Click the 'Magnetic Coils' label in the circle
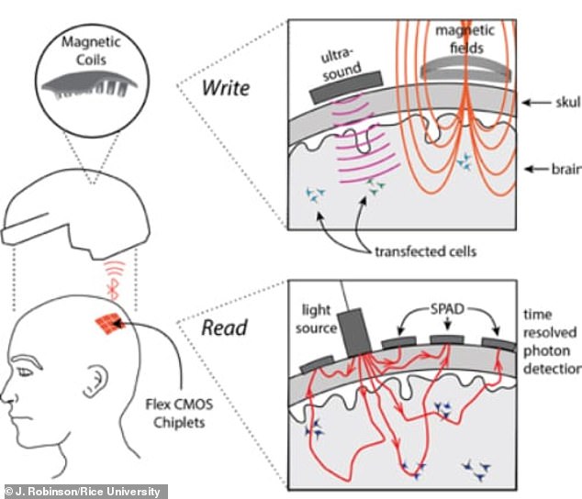[x=91, y=50]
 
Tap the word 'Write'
[x=226, y=88]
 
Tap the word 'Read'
[x=224, y=328]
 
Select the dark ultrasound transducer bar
[x=346, y=87]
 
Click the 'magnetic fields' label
[x=465, y=39]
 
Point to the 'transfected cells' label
[x=425, y=251]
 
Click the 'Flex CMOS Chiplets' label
[x=179, y=414]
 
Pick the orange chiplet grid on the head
[x=109, y=323]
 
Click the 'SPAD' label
[x=447, y=309]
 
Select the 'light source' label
[x=316, y=318]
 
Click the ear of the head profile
[x=95, y=381]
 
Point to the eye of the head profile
[x=25, y=371]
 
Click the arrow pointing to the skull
[x=537, y=103]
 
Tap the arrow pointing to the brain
[x=537, y=169]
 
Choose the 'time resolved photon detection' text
[x=552, y=341]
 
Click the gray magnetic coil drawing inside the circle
[x=89, y=85]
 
